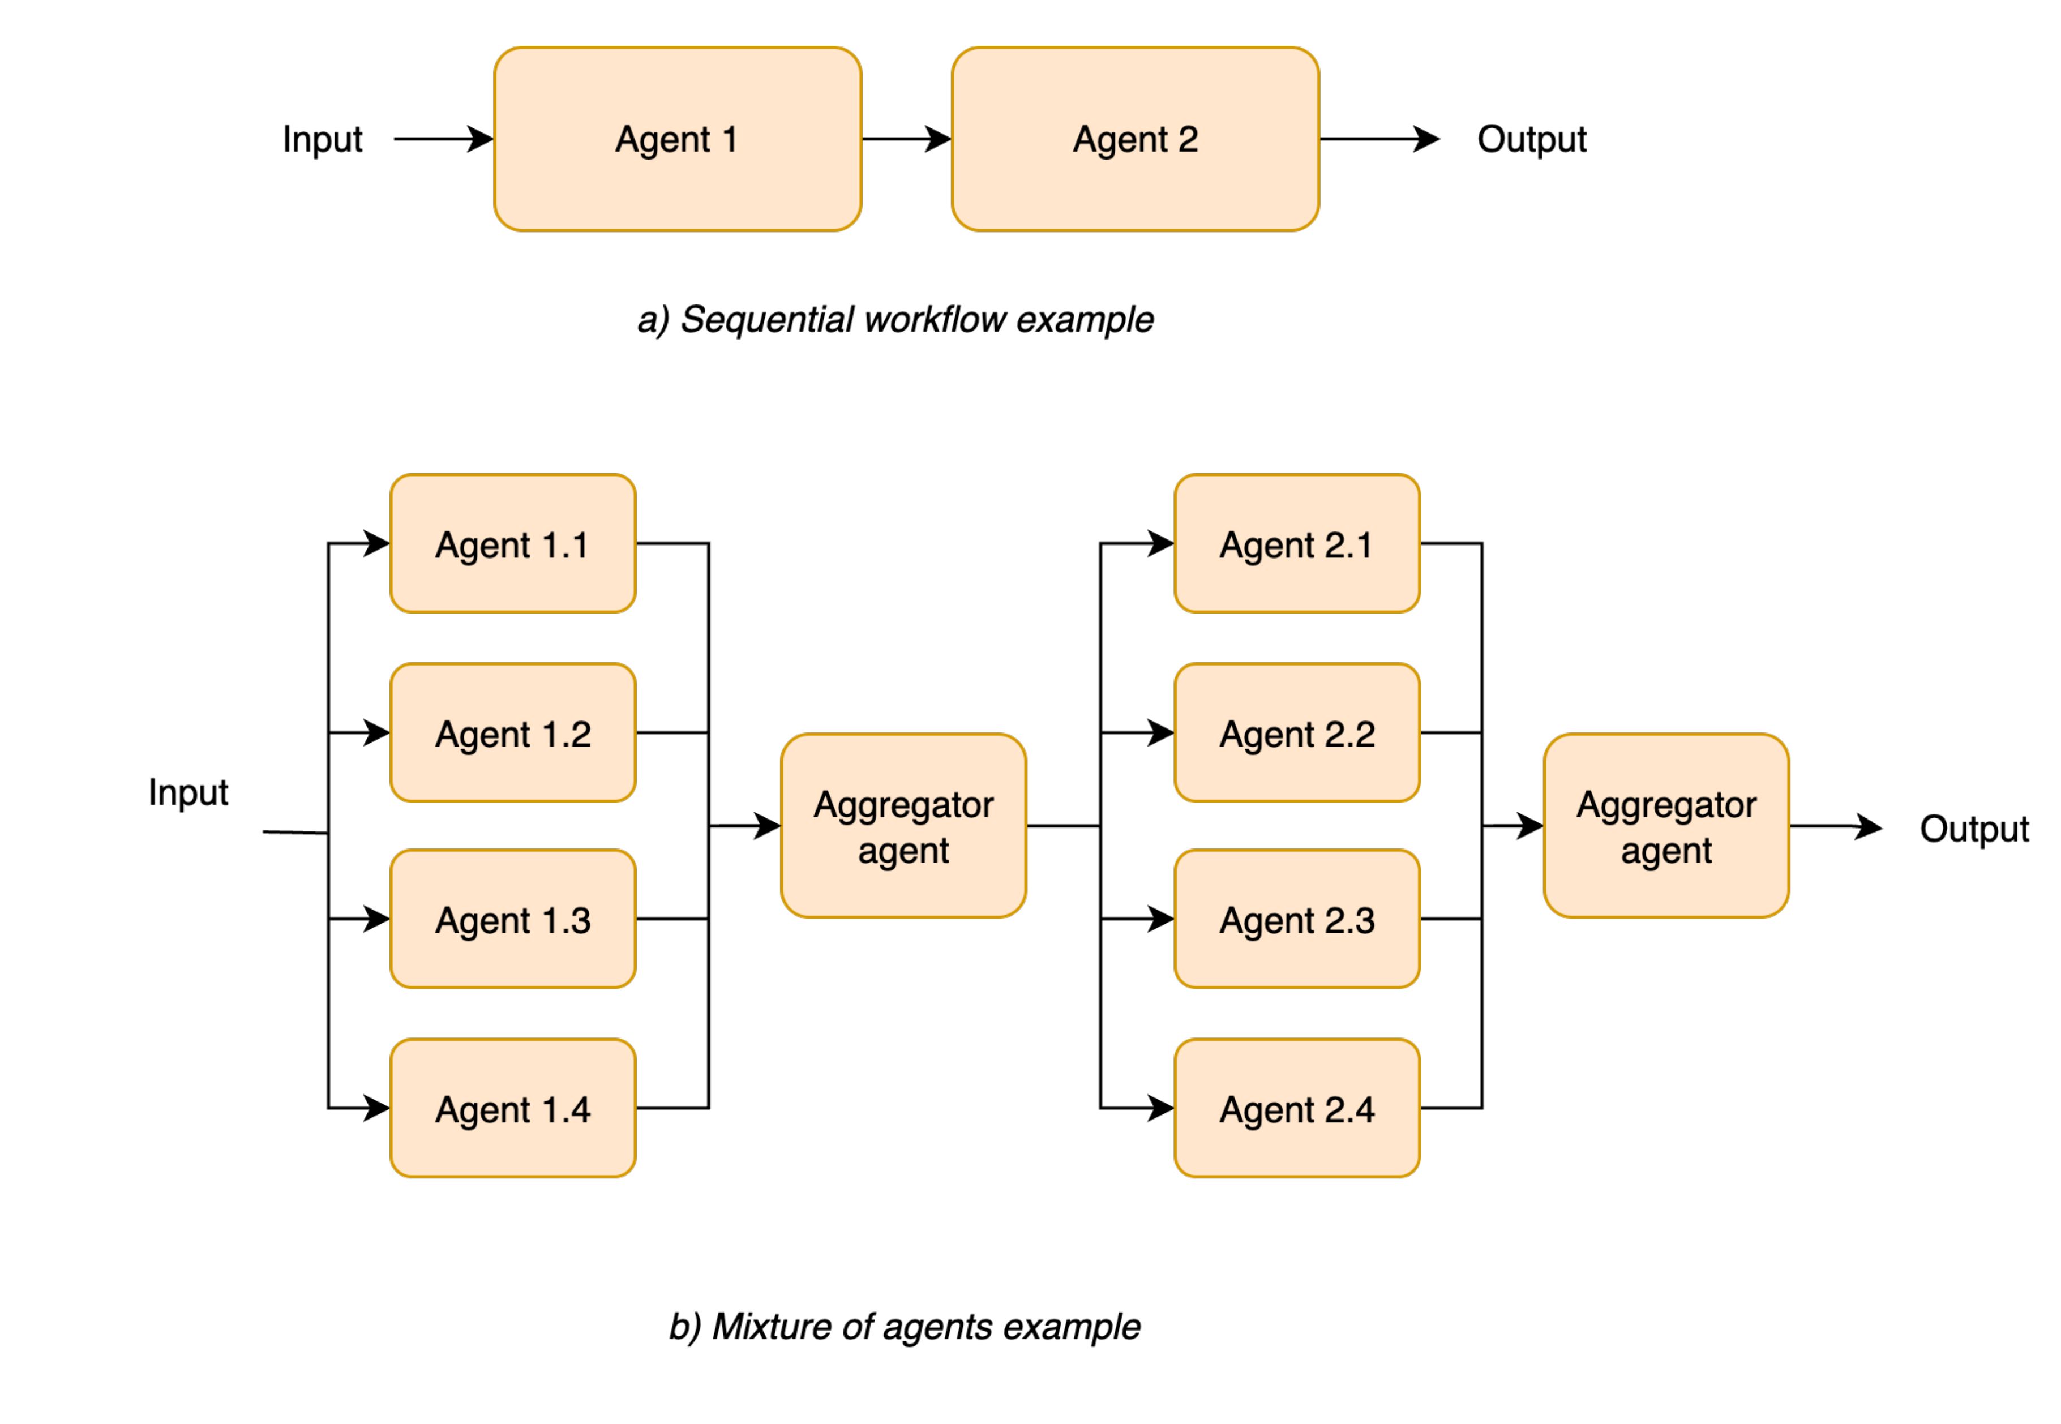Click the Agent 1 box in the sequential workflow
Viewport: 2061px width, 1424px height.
pos(677,139)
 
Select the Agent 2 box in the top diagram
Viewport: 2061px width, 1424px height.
pos(1135,139)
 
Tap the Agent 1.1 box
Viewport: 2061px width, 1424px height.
pos(513,543)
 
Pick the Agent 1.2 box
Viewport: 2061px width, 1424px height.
pos(513,732)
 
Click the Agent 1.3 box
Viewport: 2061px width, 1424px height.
pos(513,919)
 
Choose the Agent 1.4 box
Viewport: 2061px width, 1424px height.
pos(513,1108)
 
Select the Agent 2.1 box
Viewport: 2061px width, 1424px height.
pos(1296,543)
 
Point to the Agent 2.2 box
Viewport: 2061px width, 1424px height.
pos(1296,732)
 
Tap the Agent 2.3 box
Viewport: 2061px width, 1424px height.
pos(1296,919)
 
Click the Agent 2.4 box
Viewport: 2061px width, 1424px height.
pos(1296,1108)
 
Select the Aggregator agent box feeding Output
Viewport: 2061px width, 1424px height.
pos(1666,826)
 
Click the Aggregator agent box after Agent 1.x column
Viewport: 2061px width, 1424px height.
pos(903,826)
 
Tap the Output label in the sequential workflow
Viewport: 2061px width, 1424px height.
pos(1531,139)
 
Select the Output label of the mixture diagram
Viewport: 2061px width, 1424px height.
pos(1974,829)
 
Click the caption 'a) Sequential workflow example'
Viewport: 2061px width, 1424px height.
pos(895,319)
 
